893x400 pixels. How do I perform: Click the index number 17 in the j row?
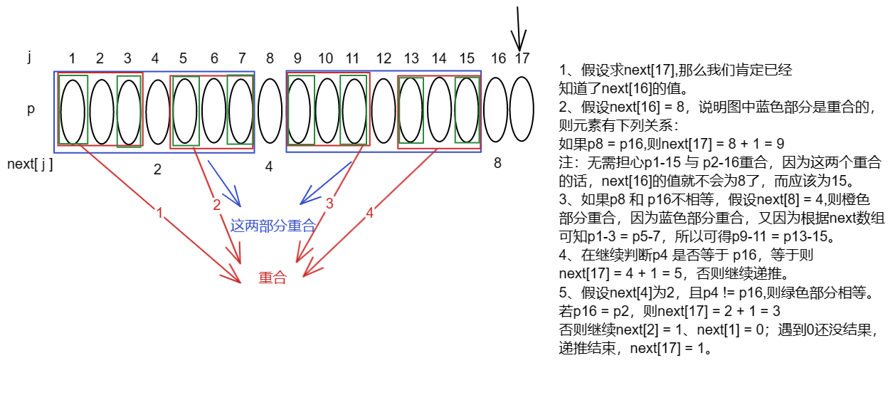[x=522, y=58]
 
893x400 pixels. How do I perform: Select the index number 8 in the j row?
[x=270, y=58]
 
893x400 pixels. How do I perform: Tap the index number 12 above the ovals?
[x=384, y=58]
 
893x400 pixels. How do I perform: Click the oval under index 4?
[x=157, y=111]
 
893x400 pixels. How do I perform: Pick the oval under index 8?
[x=270, y=111]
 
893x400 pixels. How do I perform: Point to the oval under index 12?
[x=384, y=111]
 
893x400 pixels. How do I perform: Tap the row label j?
[x=30, y=57]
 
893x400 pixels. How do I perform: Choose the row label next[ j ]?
[x=30, y=164]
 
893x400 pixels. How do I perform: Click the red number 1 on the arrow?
[x=159, y=213]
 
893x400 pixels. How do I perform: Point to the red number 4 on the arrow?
[x=369, y=212]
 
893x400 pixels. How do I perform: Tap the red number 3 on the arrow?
[x=329, y=204]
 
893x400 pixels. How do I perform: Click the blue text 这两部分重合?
[x=273, y=226]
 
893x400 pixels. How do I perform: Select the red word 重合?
[x=273, y=278]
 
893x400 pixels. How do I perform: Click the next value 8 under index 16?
[x=497, y=163]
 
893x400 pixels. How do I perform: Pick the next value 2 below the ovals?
[x=157, y=169]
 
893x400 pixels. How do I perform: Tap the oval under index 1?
[x=73, y=111]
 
